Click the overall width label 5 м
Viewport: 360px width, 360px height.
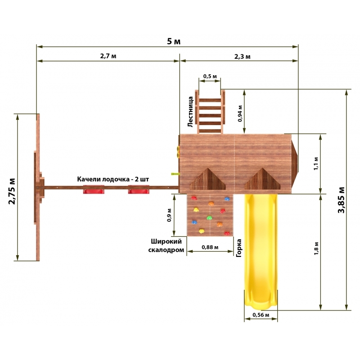pos(174,41)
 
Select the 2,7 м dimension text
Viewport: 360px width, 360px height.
pos(108,56)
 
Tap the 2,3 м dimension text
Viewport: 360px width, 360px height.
pos(243,56)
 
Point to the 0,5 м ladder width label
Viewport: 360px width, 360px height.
pos(210,76)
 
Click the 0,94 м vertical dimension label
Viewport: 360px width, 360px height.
pos(240,113)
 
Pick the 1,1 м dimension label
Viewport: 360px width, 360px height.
pos(316,163)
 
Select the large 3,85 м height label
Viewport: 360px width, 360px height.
pos(342,200)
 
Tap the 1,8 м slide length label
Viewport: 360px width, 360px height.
pos(316,248)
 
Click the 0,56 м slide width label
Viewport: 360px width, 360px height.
pos(261,315)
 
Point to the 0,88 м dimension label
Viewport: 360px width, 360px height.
pos(210,247)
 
